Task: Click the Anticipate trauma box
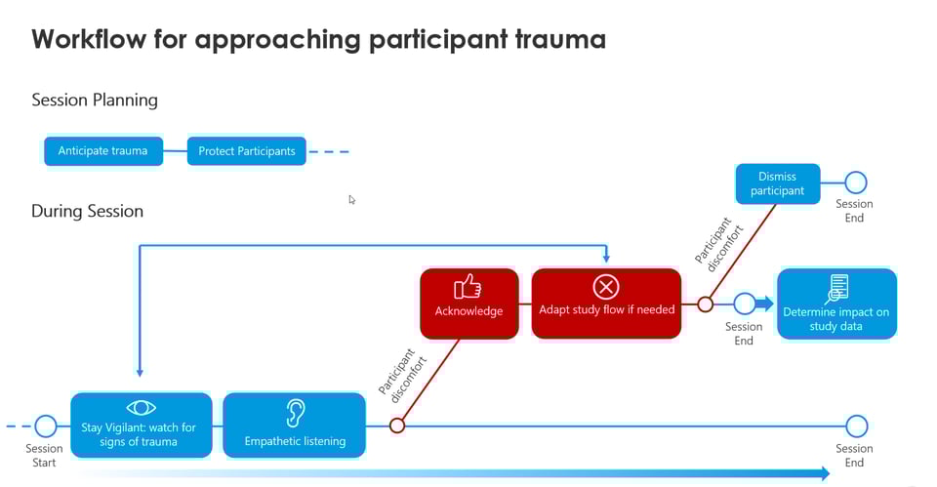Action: (x=102, y=151)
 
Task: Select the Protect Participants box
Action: (x=246, y=151)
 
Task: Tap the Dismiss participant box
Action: (x=777, y=183)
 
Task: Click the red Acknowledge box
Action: (x=468, y=304)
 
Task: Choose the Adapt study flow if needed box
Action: (x=606, y=304)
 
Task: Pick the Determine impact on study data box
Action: (x=836, y=304)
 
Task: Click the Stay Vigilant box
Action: (x=141, y=426)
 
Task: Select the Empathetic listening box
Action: (x=295, y=426)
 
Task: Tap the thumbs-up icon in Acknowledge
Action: (x=468, y=286)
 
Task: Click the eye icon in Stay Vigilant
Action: (x=141, y=408)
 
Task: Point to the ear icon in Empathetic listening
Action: (x=295, y=412)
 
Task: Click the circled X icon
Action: (x=606, y=287)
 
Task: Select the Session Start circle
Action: (x=46, y=426)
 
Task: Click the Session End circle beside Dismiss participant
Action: (x=855, y=183)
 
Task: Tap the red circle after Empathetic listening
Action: (x=397, y=426)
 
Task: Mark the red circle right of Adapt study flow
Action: (x=705, y=304)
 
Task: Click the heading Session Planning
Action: (x=95, y=100)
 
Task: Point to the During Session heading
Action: (x=87, y=211)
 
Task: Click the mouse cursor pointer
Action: (x=351, y=199)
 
